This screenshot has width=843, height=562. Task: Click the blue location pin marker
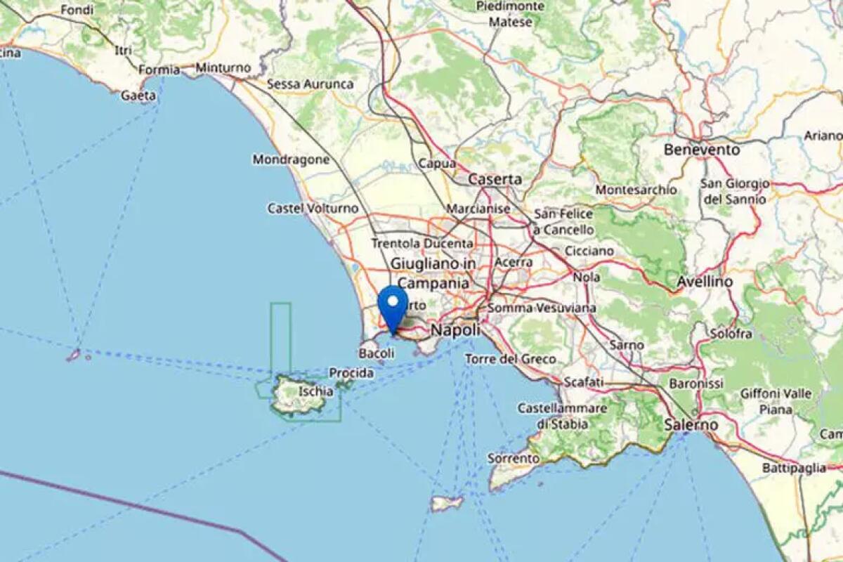pyautogui.click(x=393, y=305)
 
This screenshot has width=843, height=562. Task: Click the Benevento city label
pyautogui.click(x=702, y=150)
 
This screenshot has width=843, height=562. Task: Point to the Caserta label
pyautogui.click(x=495, y=179)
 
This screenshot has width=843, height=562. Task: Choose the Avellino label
pyautogui.click(x=705, y=282)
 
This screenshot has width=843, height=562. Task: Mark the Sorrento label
pyautogui.click(x=514, y=458)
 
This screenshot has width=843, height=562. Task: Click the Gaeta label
pyautogui.click(x=138, y=96)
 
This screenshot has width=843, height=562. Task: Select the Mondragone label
pyautogui.click(x=291, y=159)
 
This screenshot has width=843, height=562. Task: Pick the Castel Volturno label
pyautogui.click(x=313, y=209)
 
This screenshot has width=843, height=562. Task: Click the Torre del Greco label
pyautogui.click(x=511, y=359)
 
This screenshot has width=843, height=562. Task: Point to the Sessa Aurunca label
pyautogui.click(x=310, y=84)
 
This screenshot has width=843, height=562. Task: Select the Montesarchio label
pyautogui.click(x=636, y=190)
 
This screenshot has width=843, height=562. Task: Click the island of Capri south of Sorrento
pyautogui.click(x=447, y=503)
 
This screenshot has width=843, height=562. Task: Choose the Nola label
pyautogui.click(x=587, y=277)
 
